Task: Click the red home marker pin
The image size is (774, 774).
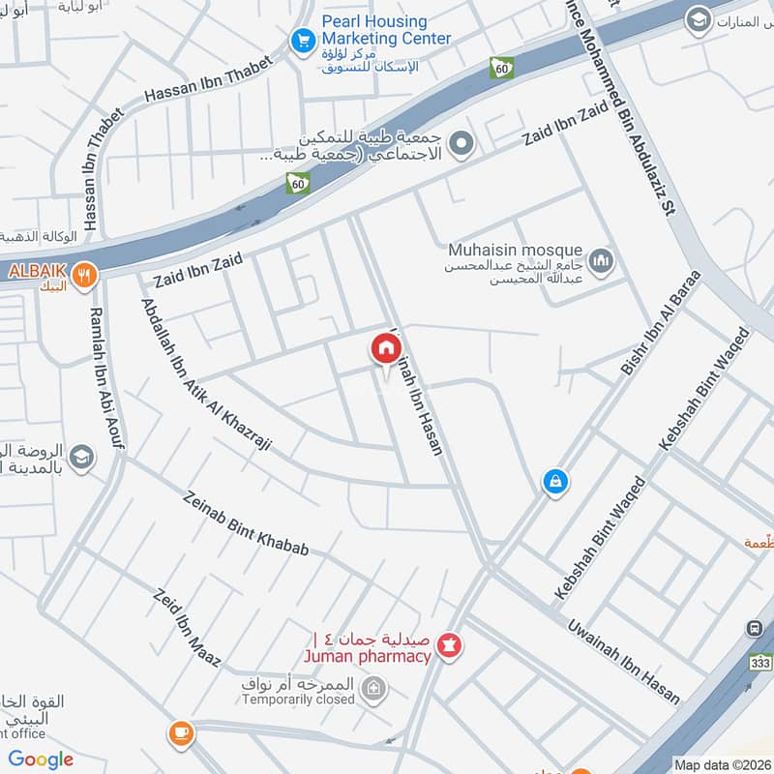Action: (385, 348)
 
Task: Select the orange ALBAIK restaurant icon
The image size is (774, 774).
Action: (87, 274)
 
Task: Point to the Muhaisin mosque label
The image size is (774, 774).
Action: (515, 250)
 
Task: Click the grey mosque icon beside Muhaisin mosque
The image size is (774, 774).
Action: (602, 260)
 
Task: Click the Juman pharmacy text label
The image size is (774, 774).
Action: (368, 657)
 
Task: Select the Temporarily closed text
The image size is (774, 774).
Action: (298, 699)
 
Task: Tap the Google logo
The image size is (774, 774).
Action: (41, 759)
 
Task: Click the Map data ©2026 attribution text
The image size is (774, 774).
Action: (722, 764)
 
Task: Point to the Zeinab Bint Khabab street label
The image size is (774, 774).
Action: (247, 522)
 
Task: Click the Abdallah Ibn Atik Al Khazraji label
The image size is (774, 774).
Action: (206, 376)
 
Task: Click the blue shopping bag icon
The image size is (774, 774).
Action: (554, 480)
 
